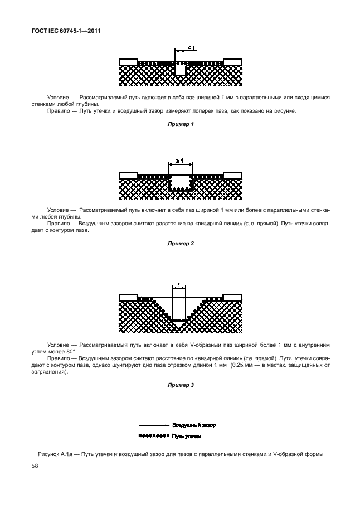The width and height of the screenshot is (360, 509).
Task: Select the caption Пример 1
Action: coord(180,124)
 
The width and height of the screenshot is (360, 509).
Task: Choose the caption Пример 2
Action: coord(180,243)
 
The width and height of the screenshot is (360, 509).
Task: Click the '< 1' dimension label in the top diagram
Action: coord(191,48)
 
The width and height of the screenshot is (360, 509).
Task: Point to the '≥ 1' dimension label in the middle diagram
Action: coord(179,161)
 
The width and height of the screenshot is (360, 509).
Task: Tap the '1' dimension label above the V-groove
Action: coord(179,286)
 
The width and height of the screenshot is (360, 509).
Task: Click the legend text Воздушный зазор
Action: coord(193,425)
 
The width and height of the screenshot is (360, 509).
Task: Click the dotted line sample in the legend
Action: coord(153,435)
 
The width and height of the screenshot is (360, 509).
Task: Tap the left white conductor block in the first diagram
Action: coord(128,61)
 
